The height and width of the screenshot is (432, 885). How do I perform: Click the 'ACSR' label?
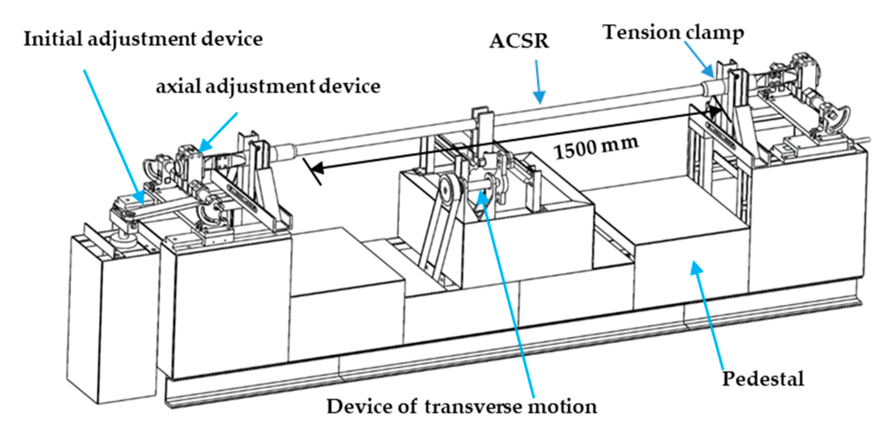519,41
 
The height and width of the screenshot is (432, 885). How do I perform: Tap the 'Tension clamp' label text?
673,33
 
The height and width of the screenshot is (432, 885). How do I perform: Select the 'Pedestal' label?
763,379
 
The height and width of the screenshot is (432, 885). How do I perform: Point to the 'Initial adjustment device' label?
143,39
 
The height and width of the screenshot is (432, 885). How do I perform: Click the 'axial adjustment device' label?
268,87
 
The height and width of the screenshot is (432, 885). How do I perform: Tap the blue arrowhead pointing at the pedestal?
696,269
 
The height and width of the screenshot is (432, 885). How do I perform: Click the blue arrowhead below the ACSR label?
539,97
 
